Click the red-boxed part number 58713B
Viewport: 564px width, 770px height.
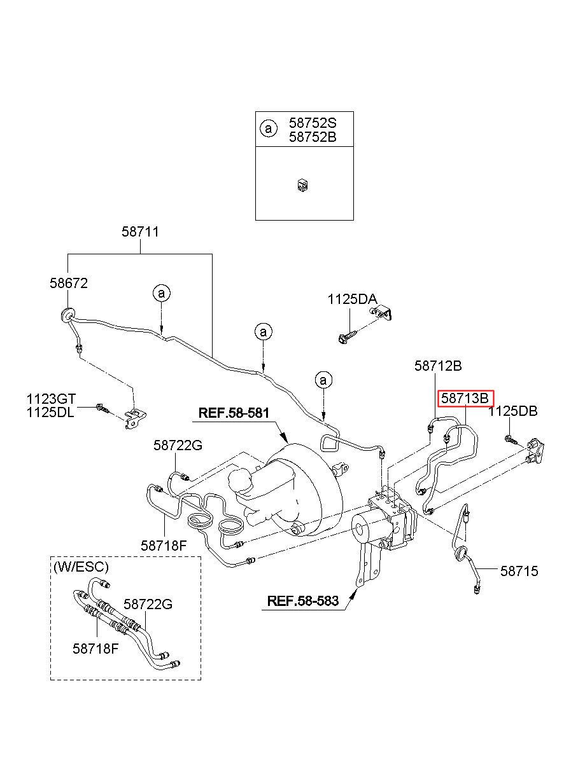pos(465,399)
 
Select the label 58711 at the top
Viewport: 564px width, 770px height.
pos(141,231)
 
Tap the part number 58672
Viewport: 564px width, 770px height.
pos(69,283)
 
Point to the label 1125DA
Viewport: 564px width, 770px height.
pos(352,299)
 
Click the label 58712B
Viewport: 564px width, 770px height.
pos(438,366)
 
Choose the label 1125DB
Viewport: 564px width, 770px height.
pos(513,411)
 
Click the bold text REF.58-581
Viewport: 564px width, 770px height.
pos(234,413)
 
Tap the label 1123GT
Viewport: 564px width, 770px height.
pos(51,399)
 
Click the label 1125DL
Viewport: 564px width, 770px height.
pos(50,412)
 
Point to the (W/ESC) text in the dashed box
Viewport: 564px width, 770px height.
pos(81,567)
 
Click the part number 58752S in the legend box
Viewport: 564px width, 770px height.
pos(313,123)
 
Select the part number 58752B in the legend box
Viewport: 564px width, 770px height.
pos(313,137)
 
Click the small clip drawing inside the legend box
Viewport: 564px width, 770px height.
pos(302,186)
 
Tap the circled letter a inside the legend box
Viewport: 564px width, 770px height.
pos(269,129)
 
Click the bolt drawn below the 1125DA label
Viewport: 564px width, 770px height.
pos(348,337)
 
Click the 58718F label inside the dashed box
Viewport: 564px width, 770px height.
pos(95,649)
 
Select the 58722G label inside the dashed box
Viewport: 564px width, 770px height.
pos(148,604)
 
